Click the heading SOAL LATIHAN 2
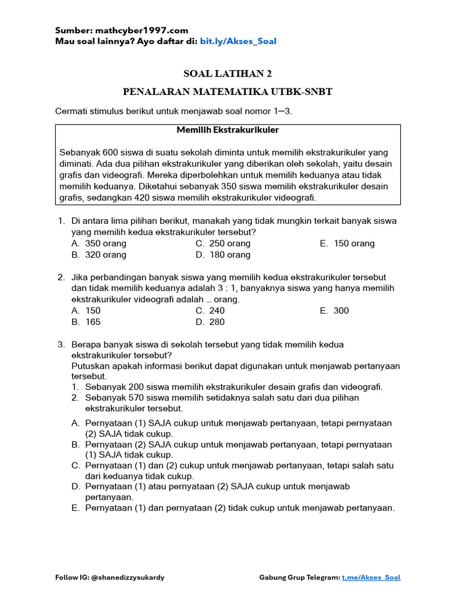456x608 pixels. point(227,74)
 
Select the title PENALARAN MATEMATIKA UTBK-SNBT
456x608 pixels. point(227,91)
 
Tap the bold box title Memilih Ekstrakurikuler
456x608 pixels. point(227,129)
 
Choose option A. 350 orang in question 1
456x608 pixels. point(99,243)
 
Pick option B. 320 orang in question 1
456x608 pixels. point(99,255)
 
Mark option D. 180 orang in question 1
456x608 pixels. point(223,255)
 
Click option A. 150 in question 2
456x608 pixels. point(86,311)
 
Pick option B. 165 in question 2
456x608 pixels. point(86,322)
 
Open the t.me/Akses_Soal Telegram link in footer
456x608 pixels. point(371,577)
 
